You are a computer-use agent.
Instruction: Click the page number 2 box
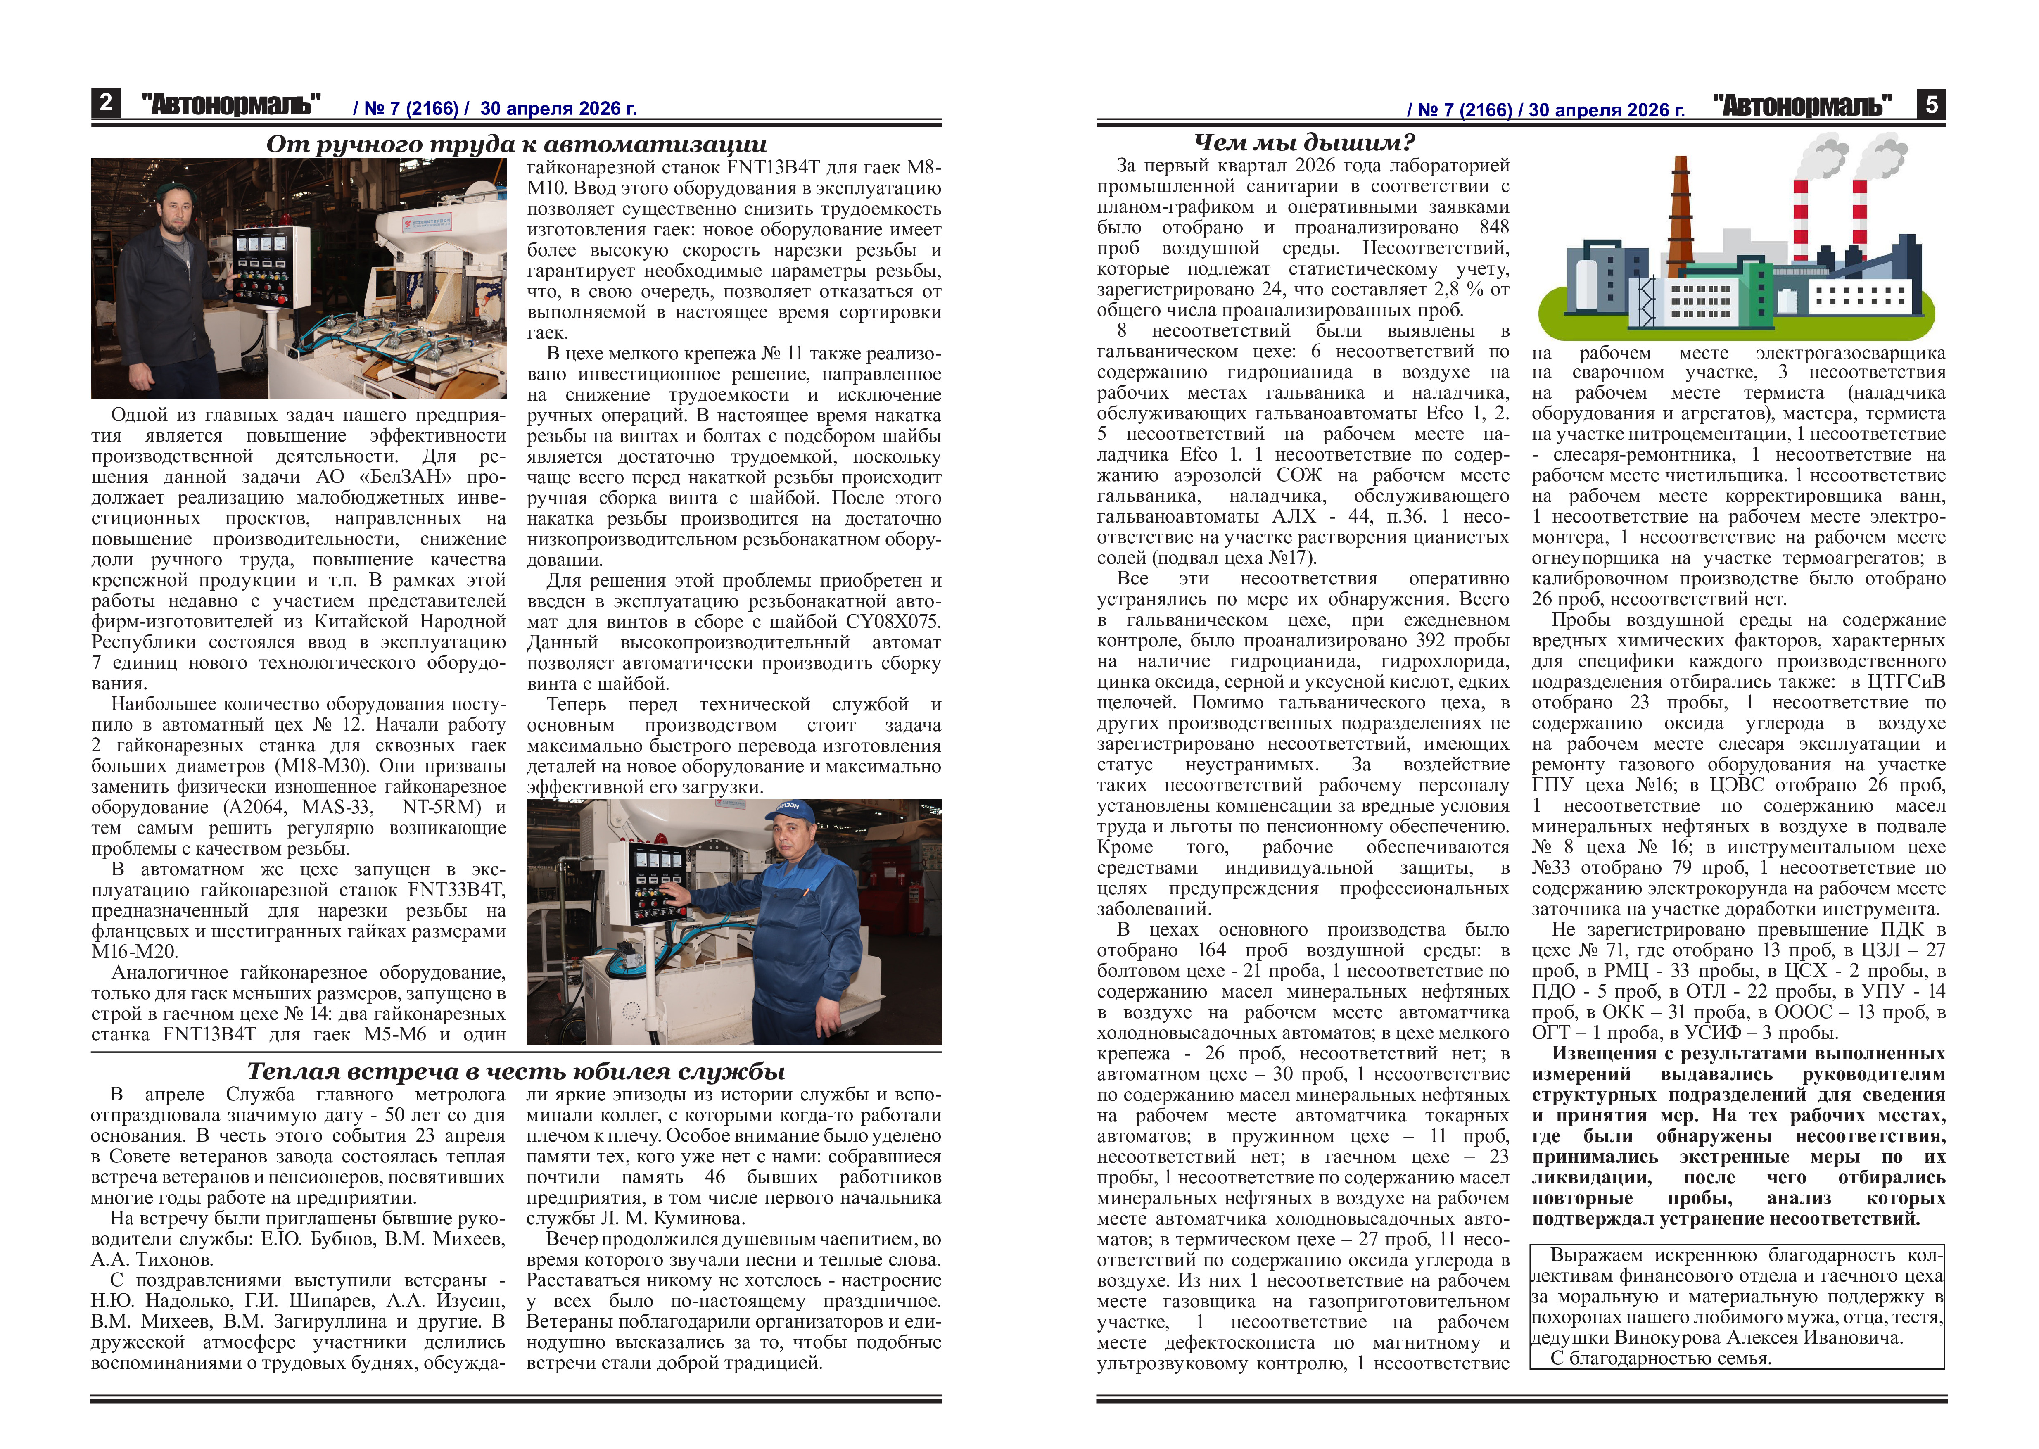pos(105,104)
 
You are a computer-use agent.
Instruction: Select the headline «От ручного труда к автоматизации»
pos(516,145)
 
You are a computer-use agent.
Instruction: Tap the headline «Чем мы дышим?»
pos(1304,142)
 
